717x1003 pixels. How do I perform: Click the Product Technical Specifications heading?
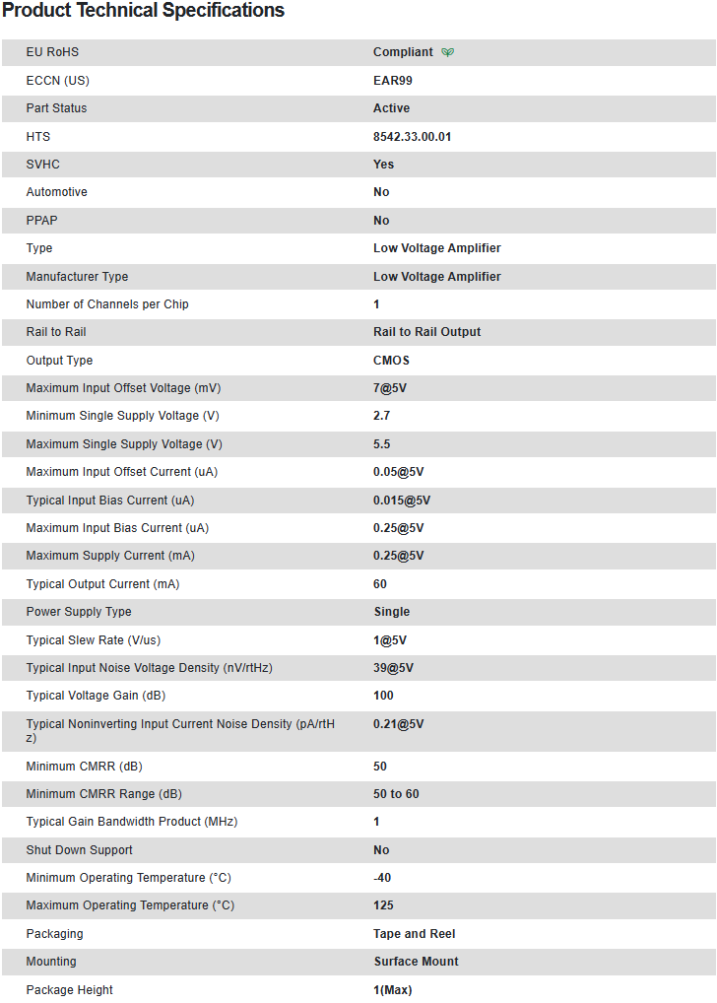pos(143,11)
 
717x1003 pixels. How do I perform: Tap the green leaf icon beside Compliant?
pos(448,52)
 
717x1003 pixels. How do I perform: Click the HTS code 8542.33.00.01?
pos(412,136)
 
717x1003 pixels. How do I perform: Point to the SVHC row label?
pos(43,164)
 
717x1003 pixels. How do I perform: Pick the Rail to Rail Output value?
pos(426,331)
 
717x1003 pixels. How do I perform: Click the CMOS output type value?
pos(391,360)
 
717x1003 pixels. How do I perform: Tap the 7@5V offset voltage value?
pos(390,388)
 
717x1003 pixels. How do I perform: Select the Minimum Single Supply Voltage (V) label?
pos(122,416)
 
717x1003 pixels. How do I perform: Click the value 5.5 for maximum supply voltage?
pos(382,443)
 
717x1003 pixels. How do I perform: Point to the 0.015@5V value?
pos(402,500)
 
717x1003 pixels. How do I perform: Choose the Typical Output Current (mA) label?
pos(102,583)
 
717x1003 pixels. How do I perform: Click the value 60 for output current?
pos(380,583)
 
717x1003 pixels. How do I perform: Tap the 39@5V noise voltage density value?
pos(393,667)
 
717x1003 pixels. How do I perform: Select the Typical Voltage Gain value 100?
pos(383,695)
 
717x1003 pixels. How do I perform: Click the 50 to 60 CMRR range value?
pos(396,793)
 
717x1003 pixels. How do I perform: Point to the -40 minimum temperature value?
pos(383,877)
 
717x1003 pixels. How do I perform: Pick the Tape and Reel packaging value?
pos(414,933)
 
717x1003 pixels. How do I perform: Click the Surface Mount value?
pos(416,961)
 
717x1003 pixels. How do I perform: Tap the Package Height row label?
pos(69,989)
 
